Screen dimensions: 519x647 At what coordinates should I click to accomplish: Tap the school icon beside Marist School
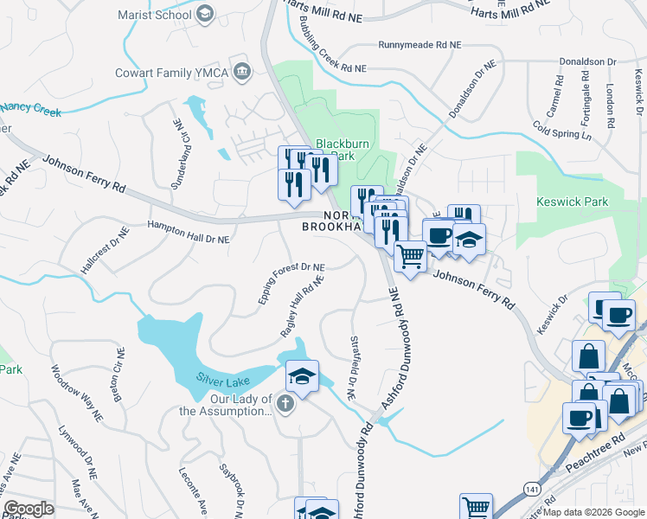point(205,13)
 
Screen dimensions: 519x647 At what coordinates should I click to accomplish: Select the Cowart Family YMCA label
point(172,73)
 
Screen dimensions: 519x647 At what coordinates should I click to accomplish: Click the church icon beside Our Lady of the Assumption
point(285,403)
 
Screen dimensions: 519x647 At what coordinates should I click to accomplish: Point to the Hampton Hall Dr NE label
point(188,232)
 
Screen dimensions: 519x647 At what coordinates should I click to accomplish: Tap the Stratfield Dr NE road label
point(352,368)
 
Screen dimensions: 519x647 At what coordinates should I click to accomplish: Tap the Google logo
point(29,509)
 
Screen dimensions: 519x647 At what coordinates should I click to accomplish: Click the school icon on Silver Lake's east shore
point(302,376)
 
